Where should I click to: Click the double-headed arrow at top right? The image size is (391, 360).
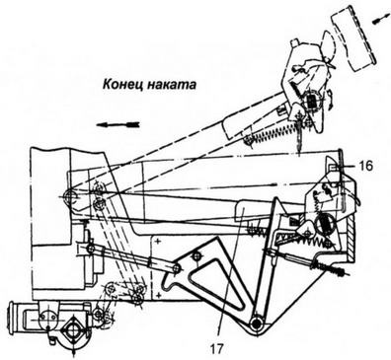(x=376, y=19)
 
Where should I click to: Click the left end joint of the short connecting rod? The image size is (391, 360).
(x=92, y=249)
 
